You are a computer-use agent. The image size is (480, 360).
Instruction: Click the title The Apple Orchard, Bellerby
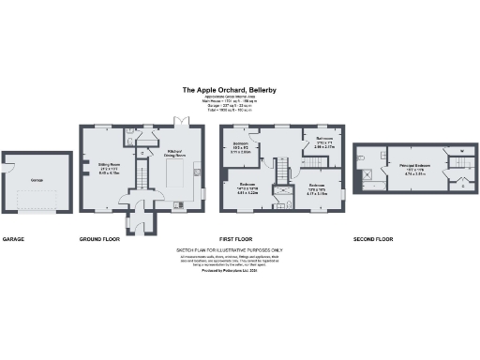[239, 91]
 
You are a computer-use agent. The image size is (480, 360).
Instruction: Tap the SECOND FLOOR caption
[372, 239]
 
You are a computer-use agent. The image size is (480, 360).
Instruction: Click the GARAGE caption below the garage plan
[13, 239]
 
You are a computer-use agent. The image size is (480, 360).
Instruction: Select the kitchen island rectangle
[175, 174]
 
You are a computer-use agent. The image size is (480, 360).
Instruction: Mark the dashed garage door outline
[37, 199]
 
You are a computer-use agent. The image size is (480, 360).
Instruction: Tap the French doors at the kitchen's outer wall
[174, 123]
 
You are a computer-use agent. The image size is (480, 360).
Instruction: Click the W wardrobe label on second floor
[463, 151]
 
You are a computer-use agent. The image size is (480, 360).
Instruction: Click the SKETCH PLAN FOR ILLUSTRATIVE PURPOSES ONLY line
[239, 251]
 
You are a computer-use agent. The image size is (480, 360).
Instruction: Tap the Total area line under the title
[239, 111]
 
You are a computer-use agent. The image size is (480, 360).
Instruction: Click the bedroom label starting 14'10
[247, 187]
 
